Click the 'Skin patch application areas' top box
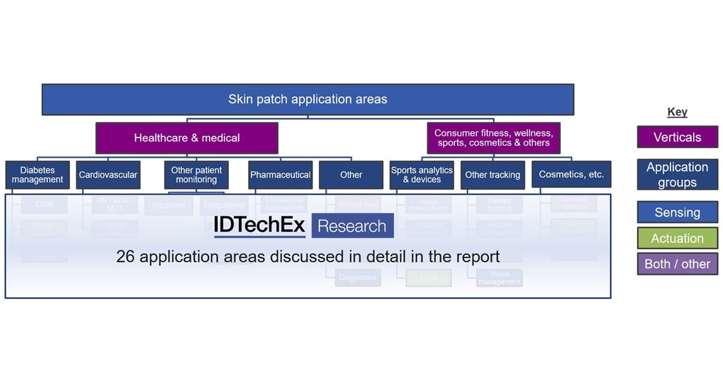point(308,99)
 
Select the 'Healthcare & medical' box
point(187,138)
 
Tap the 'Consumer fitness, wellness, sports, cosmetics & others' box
point(493,138)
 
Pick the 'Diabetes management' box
point(38,175)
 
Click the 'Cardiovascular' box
point(108,175)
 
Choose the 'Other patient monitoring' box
point(196,175)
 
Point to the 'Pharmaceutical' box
point(280,175)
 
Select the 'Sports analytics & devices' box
point(421,175)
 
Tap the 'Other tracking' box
point(492,175)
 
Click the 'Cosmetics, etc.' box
point(571,175)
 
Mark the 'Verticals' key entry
point(677,137)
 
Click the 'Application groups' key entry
point(677,175)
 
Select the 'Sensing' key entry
point(677,212)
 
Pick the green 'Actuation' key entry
point(677,238)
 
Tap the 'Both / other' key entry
point(677,264)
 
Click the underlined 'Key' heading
point(677,112)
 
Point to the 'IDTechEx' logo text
point(259,225)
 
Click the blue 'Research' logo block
point(352,226)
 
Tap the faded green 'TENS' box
point(428,277)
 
